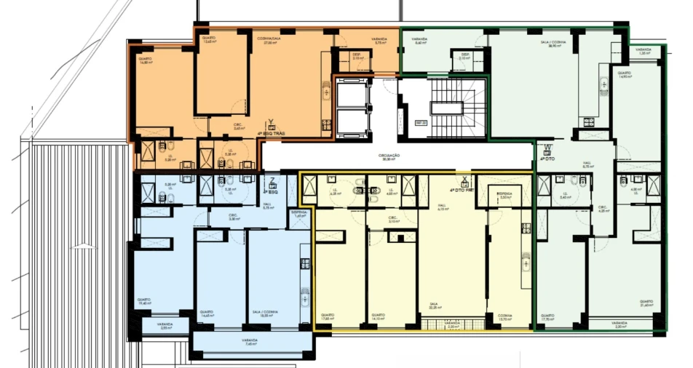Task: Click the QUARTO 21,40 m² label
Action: point(646,303)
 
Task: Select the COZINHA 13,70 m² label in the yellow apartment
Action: point(504,317)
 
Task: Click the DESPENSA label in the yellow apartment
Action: point(504,195)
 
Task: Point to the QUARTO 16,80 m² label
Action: point(145,61)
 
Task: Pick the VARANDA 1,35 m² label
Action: point(643,52)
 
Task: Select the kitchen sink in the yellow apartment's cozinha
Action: point(522,259)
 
